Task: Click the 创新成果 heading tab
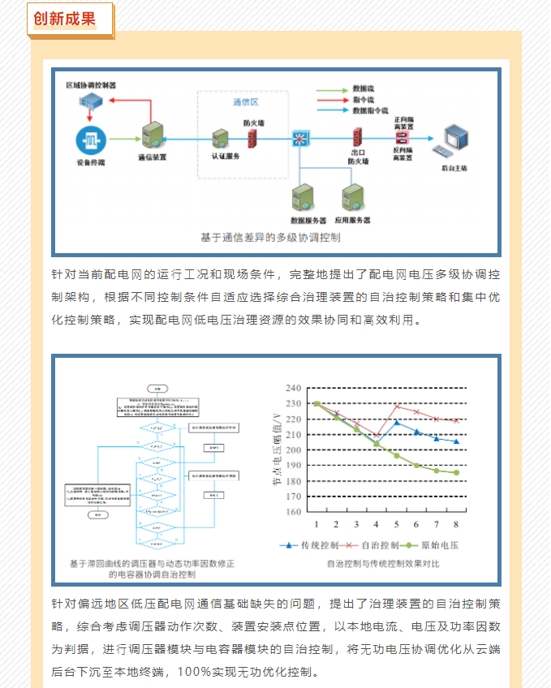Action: click(x=64, y=18)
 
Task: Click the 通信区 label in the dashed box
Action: click(x=244, y=102)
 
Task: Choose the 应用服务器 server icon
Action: click(x=352, y=198)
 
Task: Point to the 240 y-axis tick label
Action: click(x=294, y=389)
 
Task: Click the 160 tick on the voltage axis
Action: click(x=294, y=512)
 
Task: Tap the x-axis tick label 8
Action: click(x=456, y=525)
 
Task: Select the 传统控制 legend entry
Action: click(x=312, y=545)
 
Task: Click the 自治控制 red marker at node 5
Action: click(x=396, y=406)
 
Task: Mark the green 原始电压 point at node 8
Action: click(x=456, y=472)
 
